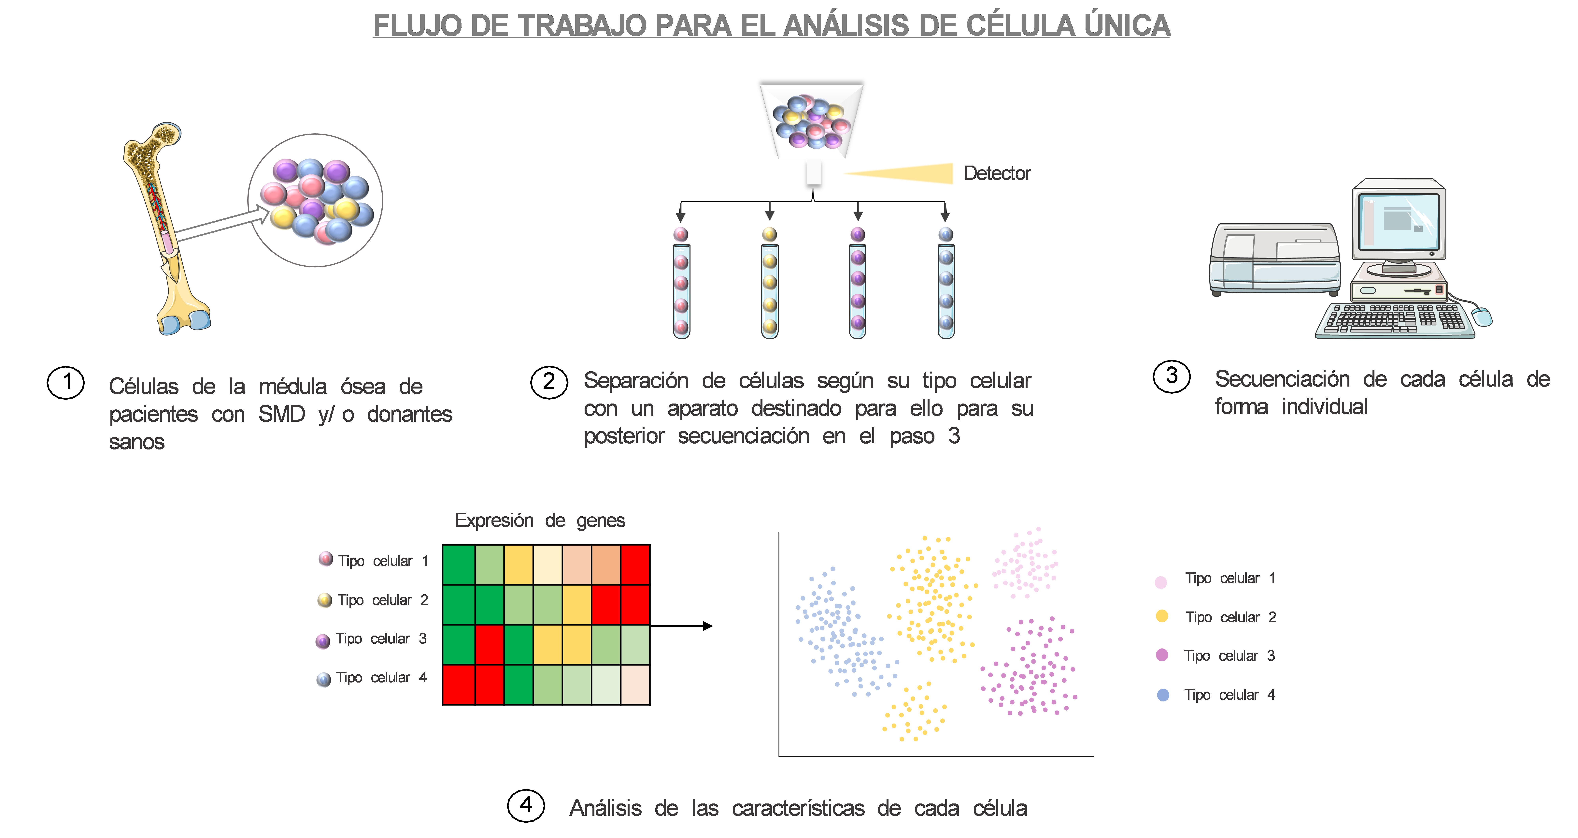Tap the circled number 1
(x=66, y=383)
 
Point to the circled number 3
(x=1171, y=376)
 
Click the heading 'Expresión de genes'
(x=540, y=521)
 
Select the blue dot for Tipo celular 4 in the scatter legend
(x=1163, y=695)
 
